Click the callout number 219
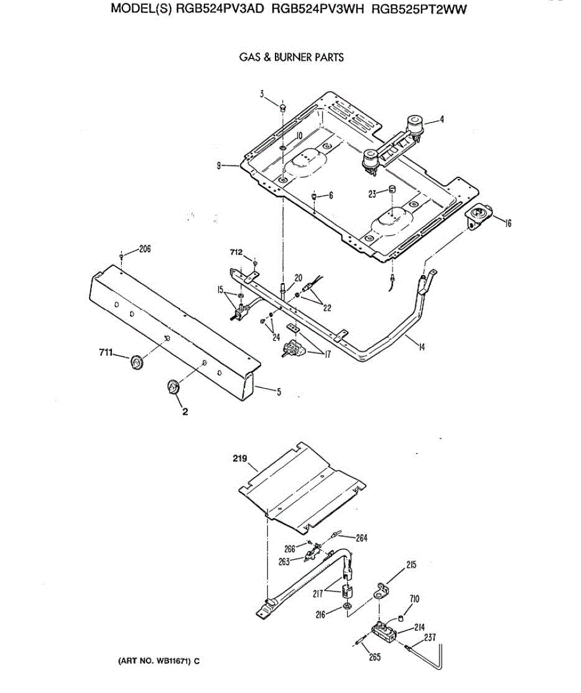coord(240,460)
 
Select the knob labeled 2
coord(173,387)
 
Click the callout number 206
coord(144,249)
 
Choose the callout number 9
coord(219,166)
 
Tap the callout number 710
coord(415,599)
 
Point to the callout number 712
coord(236,251)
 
